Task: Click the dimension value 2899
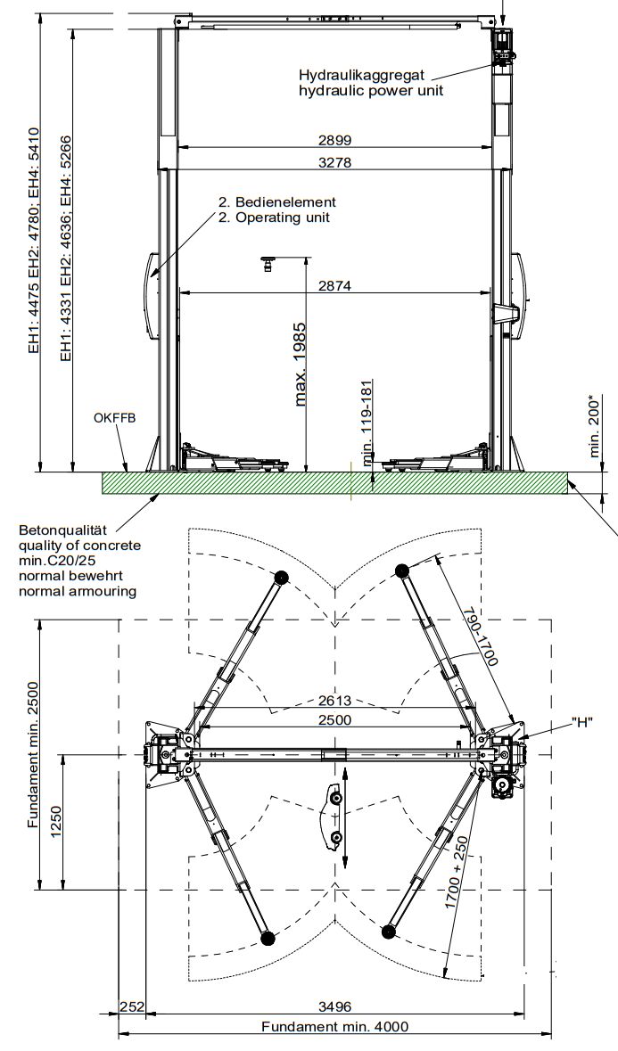(x=335, y=140)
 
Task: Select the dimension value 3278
(x=335, y=162)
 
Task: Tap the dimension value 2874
(x=335, y=285)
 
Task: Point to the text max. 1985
(x=301, y=365)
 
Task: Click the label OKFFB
(x=114, y=417)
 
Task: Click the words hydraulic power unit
(x=371, y=89)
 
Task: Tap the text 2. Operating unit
(x=274, y=217)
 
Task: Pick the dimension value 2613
(x=335, y=700)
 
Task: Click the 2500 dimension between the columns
(x=335, y=719)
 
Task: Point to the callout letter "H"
(x=583, y=722)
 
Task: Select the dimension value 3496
(x=335, y=1006)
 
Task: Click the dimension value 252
(x=132, y=1006)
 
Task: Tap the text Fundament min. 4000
(x=335, y=1026)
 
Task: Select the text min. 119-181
(x=367, y=423)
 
